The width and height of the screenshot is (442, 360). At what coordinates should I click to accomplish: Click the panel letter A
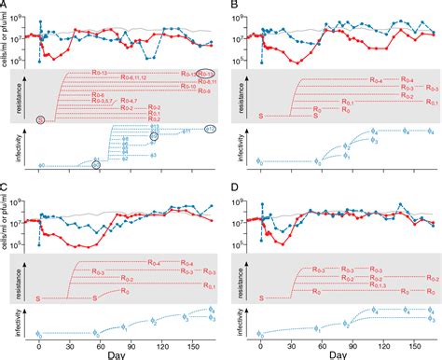(x=6, y=6)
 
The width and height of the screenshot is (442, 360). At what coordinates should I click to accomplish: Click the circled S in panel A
(x=40, y=119)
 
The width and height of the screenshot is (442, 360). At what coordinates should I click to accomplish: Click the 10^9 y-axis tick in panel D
(x=244, y=201)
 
